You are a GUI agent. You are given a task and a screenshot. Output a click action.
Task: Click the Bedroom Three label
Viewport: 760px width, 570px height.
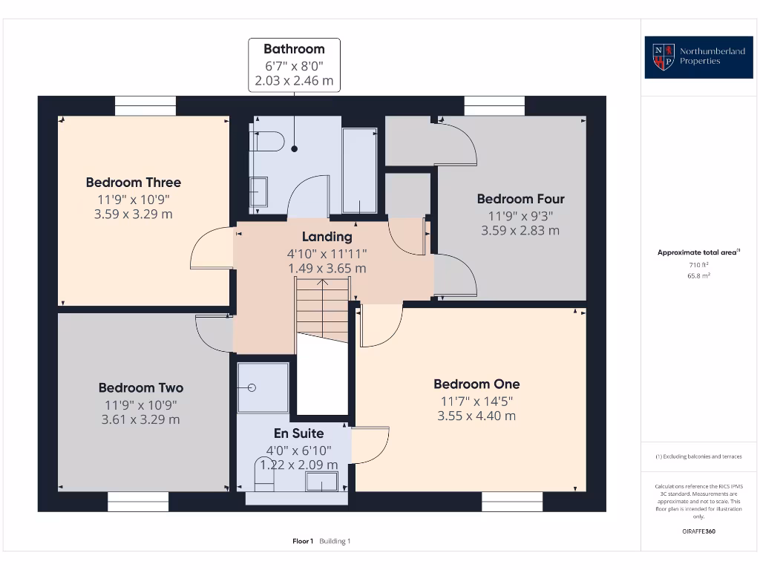(x=134, y=183)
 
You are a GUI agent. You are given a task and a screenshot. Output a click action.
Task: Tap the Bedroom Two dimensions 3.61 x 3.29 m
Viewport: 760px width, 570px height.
(x=140, y=419)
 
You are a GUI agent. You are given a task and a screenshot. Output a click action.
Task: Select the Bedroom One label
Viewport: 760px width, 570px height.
(x=476, y=384)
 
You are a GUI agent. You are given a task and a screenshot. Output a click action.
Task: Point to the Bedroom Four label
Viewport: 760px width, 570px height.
(x=520, y=199)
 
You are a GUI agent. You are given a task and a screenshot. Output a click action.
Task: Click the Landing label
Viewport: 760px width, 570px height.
(x=327, y=237)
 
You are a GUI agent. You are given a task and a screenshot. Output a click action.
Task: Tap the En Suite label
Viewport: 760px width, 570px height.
(x=298, y=433)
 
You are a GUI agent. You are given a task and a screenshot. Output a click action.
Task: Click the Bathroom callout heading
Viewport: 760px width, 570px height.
(x=294, y=49)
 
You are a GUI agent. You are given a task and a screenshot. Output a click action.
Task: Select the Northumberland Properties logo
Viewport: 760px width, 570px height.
(x=698, y=57)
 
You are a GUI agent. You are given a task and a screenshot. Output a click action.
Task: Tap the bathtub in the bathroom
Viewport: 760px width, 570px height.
(x=360, y=171)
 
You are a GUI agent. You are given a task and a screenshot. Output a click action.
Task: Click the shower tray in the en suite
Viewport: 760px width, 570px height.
(x=263, y=387)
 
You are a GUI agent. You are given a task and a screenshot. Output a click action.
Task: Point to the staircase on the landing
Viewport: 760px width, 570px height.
(x=322, y=310)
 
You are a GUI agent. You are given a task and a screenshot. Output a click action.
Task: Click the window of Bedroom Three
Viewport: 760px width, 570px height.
(x=145, y=105)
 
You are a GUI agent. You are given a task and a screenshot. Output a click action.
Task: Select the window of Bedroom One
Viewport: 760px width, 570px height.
(x=512, y=502)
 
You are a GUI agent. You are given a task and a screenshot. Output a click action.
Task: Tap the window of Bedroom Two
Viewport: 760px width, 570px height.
(x=138, y=502)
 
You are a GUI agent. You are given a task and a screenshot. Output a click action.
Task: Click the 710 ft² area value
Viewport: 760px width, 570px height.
(x=698, y=265)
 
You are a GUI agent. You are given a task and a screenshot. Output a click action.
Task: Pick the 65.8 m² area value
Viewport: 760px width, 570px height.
(x=698, y=276)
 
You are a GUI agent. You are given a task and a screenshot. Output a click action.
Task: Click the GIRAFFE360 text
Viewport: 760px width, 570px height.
(x=698, y=531)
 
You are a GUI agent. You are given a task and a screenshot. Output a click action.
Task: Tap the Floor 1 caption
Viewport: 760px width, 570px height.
(x=303, y=541)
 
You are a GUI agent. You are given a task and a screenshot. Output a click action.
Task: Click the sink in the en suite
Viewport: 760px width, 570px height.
(x=321, y=482)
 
